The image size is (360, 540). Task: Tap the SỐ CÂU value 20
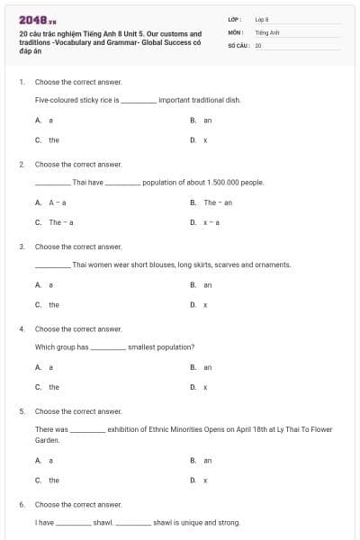tap(257, 43)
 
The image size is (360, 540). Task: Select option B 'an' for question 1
tap(207, 120)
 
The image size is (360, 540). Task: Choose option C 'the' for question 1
tap(53, 139)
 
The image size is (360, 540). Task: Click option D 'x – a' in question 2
tap(212, 222)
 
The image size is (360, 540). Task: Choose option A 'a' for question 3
tap(50, 284)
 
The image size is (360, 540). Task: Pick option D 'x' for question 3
tap(206, 304)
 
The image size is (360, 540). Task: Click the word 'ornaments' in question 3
tap(273, 265)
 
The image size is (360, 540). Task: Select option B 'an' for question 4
tap(207, 367)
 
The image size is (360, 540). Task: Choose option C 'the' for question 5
tap(53, 480)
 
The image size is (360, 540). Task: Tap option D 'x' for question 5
tap(206, 480)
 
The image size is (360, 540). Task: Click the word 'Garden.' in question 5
tap(47, 440)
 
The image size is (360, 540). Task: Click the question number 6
tap(22, 504)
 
